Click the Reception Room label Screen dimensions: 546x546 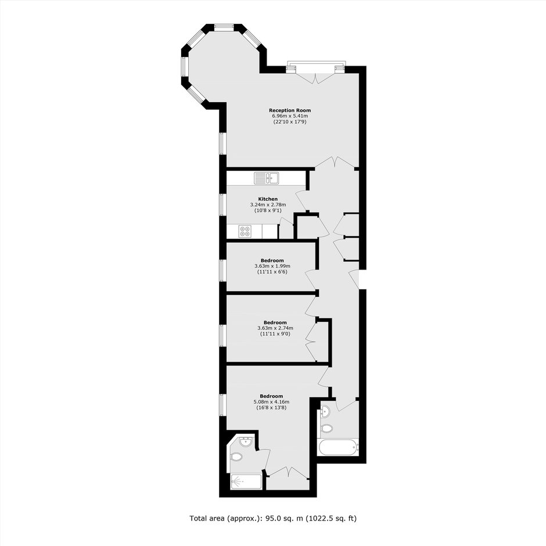(x=290, y=110)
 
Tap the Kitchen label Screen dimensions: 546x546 (x=268, y=199)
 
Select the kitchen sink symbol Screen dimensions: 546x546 (x=267, y=178)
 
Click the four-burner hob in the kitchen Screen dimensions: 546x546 (x=245, y=232)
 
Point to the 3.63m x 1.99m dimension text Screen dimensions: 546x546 (x=272, y=266)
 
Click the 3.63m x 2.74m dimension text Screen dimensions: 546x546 (x=275, y=328)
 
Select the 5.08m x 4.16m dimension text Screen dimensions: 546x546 (x=271, y=401)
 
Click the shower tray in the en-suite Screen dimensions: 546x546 (x=246, y=481)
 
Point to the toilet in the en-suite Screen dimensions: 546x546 (x=236, y=457)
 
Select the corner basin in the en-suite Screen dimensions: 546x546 (x=246, y=441)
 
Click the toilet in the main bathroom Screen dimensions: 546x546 (x=326, y=428)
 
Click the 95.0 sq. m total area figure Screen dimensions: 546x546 (x=284, y=519)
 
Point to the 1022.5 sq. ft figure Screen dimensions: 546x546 (x=331, y=519)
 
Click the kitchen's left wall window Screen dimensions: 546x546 (x=223, y=204)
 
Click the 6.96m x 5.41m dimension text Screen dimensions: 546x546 (x=290, y=116)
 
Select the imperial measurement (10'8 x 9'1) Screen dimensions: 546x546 (x=268, y=210)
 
